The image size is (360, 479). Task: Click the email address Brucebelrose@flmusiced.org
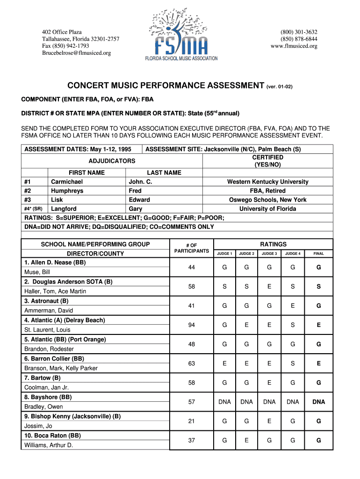77,53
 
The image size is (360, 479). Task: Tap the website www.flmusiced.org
294,46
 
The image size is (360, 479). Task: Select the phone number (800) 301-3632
299,32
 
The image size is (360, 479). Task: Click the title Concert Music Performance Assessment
166,86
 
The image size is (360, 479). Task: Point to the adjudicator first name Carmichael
67,181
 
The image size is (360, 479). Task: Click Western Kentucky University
267,181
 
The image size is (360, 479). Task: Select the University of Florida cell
267,209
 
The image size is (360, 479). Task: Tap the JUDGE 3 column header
269,254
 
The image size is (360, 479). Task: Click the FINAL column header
318,254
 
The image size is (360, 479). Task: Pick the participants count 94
191,325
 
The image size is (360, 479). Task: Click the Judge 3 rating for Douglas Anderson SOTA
269,286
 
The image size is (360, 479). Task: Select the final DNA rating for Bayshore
318,402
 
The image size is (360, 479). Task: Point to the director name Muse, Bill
37,272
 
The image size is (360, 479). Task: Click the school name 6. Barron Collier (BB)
54,358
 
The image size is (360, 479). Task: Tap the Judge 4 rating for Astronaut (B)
293,305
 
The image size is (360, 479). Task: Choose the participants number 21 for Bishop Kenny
191,421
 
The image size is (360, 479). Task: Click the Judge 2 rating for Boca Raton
246,440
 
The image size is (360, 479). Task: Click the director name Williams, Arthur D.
49,445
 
